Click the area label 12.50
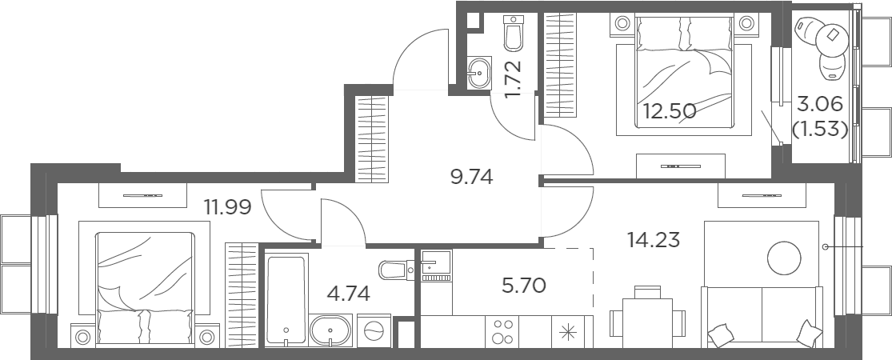point(670,111)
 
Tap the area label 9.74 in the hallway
point(471,178)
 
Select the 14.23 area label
point(654,240)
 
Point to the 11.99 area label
point(227,207)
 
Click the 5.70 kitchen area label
point(524,284)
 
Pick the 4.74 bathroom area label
point(348,294)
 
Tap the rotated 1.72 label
point(513,80)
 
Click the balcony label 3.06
point(820,106)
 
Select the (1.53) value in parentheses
point(820,130)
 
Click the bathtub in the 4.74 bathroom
point(286,300)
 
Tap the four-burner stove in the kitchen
point(502,331)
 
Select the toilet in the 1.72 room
point(513,34)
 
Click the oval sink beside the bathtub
point(331,330)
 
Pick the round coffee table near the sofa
point(784,258)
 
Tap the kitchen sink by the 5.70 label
point(436,266)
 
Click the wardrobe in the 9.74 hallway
point(371,138)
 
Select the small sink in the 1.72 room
point(479,73)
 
